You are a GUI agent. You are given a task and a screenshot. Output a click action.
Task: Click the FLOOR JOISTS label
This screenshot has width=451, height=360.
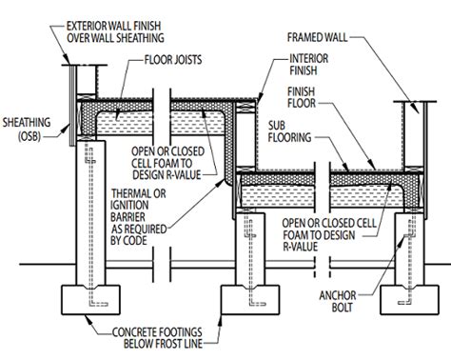point(173,60)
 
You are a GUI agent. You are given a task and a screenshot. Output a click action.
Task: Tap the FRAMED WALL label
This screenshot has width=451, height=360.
point(317,37)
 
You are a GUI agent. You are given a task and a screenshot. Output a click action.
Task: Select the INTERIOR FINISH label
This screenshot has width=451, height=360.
point(308,65)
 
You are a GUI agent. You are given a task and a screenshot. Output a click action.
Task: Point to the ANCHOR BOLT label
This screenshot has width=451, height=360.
point(338,301)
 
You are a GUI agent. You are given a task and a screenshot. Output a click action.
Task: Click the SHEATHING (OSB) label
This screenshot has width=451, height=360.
point(27,129)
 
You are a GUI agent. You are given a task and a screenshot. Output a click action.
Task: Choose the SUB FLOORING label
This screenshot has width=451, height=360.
point(289,131)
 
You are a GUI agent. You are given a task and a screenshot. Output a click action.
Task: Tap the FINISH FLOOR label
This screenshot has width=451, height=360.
point(302,97)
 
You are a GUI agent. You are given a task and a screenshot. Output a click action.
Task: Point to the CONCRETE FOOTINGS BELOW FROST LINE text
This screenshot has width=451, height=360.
point(157,338)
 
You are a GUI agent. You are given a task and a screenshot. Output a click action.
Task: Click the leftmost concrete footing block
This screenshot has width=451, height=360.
point(90,300)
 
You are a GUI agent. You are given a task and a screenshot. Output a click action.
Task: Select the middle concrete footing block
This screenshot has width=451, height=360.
point(250,300)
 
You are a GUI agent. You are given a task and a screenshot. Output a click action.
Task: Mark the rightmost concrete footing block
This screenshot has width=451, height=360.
point(409,300)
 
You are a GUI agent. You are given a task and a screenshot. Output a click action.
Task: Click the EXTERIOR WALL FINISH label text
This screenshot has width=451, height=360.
point(113,26)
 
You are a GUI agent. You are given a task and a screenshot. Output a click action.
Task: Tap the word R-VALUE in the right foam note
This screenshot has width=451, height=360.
point(300,247)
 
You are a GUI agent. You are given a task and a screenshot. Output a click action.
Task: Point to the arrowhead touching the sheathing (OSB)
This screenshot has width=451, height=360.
point(67,129)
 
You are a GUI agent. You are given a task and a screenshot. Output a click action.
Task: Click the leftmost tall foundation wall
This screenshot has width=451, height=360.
point(91,213)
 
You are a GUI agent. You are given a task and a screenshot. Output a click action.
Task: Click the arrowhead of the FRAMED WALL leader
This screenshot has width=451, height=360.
point(416,109)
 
